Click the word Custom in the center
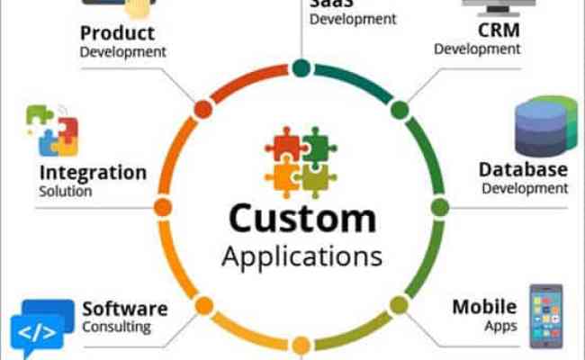pyautogui.click(x=301, y=219)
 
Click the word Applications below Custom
pyautogui.click(x=301, y=256)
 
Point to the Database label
pyautogui.click(x=523, y=169)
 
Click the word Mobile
pyautogui.click(x=484, y=307)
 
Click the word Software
pyautogui.click(x=124, y=309)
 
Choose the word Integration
pyautogui.click(x=93, y=172)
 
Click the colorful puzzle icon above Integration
pyautogui.click(x=51, y=130)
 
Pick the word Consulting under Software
pyautogui.click(x=117, y=328)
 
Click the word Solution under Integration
pyautogui.click(x=66, y=192)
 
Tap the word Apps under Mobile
pyautogui.click(x=499, y=326)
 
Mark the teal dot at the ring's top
pyautogui.click(x=301, y=67)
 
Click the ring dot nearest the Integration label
pyautogui.click(x=163, y=207)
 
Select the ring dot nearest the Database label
pyautogui.click(x=439, y=207)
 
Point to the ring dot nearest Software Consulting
pyautogui.click(x=204, y=305)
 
